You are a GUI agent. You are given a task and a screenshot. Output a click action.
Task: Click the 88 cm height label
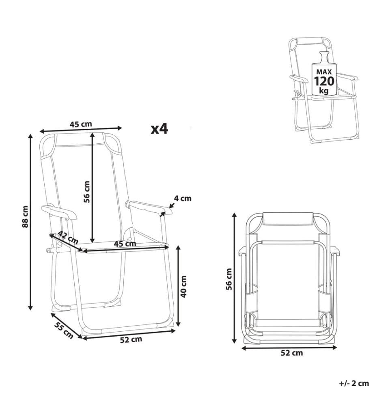tap(25, 216)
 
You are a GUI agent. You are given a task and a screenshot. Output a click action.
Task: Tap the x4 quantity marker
tap(159, 129)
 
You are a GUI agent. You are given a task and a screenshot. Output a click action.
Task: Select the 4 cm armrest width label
tap(183, 199)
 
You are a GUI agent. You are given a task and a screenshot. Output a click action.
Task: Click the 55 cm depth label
tap(64, 330)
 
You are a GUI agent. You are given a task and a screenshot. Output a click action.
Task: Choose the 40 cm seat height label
tap(183, 286)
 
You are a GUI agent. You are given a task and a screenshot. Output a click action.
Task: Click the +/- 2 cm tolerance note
tap(354, 383)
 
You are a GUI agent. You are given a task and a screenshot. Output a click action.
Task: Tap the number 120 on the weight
tap(324, 81)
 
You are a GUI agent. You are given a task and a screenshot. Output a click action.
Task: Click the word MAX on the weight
tap(324, 72)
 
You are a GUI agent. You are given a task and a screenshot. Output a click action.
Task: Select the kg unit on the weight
tap(324, 91)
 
